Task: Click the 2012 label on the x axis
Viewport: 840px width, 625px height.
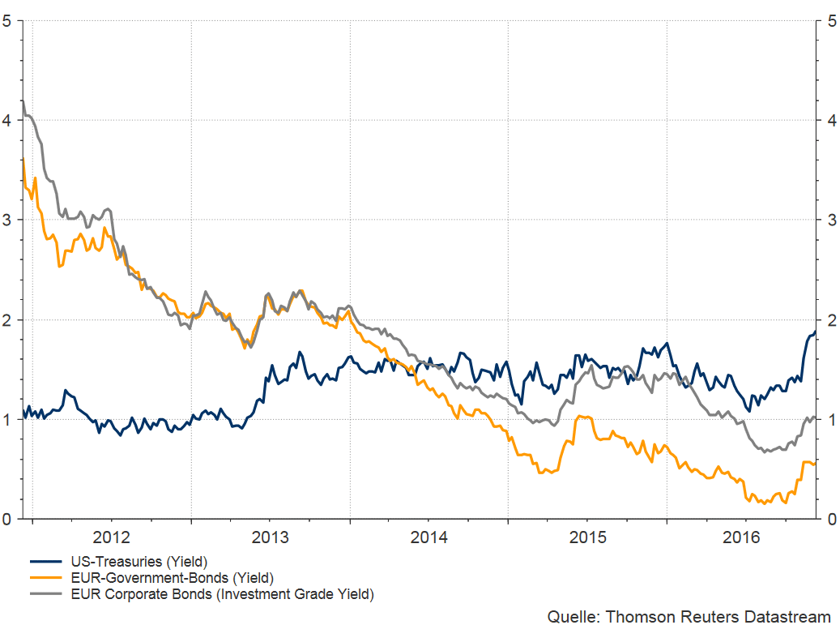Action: pyautogui.click(x=111, y=537)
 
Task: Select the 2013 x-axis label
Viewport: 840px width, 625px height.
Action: pyautogui.click(x=270, y=537)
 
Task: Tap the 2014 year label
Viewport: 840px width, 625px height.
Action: pyautogui.click(x=429, y=537)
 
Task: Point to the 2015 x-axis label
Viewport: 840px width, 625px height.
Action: pyautogui.click(x=587, y=537)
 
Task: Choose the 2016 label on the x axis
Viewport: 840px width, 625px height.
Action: pyautogui.click(x=746, y=537)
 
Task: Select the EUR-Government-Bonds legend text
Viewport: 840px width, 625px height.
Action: pyautogui.click(x=172, y=578)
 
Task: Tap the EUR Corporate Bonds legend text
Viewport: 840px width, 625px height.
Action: pyautogui.click(x=222, y=595)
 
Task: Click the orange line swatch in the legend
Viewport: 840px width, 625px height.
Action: pyautogui.click(x=46, y=578)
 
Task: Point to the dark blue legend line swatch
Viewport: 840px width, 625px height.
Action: pyautogui.click(x=46, y=561)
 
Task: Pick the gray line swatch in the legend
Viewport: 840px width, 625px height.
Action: pyautogui.click(x=46, y=595)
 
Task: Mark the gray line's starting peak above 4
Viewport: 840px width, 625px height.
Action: pyautogui.click(x=23, y=101)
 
